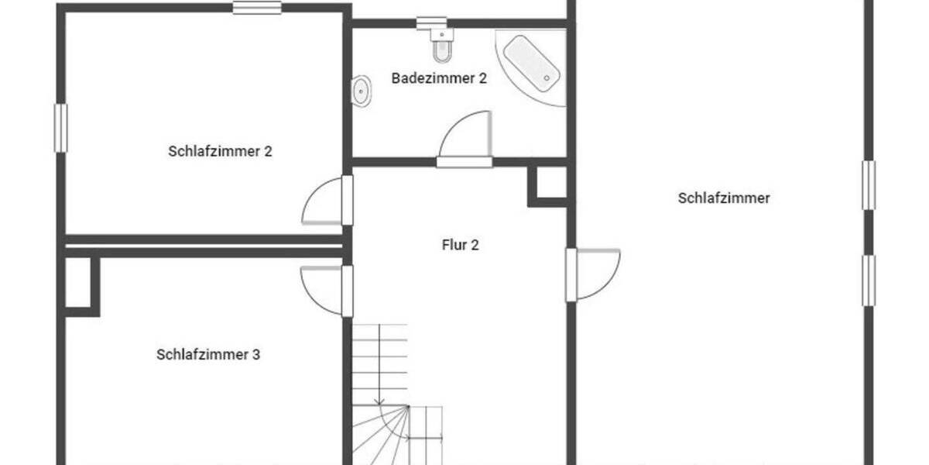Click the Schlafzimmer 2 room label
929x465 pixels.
pyautogui.click(x=220, y=151)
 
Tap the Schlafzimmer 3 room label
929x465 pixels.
pyautogui.click(x=208, y=355)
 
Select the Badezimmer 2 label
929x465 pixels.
pyautogui.click(x=439, y=78)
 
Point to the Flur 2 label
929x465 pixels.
pyautogui.click(x=461, y=245)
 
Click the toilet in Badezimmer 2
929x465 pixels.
pyautogui.click(x=442, y=49)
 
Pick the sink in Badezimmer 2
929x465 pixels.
pyautogui.click(x=362, y=91)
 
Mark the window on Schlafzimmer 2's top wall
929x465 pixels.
pyautogui.click(x=257, y=8)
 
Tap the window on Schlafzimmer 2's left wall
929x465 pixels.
pyautogui.click(x=60, y=128)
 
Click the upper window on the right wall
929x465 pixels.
pyautogui.click(x=869, y=185)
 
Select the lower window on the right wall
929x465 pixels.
pyautogui.click(x=869, y=281)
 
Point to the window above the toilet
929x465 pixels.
pyautogui.click(x=431, y=22)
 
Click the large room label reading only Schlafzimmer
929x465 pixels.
pyautogui.click(x=724, y=198)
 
